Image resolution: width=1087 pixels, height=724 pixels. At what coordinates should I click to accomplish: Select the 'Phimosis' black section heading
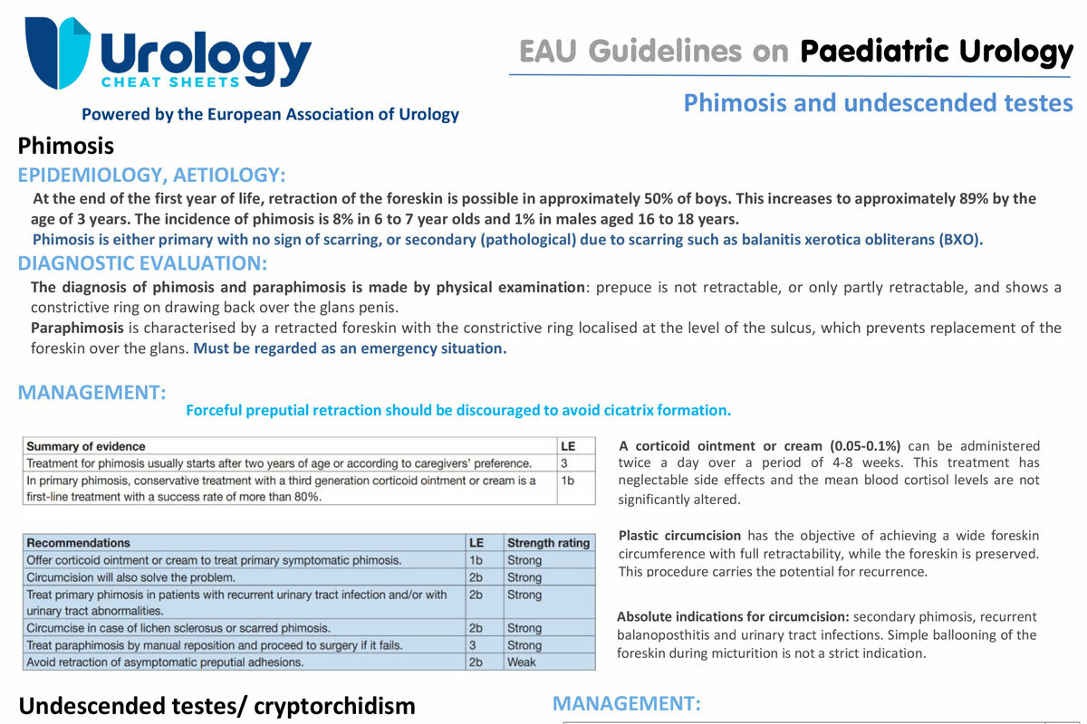point(66,146)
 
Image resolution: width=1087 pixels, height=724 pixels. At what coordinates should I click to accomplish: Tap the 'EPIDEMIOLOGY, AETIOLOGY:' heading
point(152,175)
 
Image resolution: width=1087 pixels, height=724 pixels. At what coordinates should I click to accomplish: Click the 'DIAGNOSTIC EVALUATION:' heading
point(143,264)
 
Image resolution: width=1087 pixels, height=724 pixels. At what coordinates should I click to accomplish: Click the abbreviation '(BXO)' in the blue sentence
point(959,240)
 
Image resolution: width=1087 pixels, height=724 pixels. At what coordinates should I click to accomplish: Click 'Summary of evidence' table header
point(85,446)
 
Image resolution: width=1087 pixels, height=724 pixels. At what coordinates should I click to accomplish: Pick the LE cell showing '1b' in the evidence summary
point(568,481)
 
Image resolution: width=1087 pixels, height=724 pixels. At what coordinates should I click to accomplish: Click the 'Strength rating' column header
point(548,543)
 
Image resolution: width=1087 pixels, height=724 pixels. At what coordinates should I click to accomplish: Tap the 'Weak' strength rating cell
point(522,662)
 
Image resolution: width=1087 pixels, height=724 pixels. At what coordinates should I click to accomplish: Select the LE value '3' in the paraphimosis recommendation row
point(473,645)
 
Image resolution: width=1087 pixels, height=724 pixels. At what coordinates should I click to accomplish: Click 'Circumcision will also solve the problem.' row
point(131,577)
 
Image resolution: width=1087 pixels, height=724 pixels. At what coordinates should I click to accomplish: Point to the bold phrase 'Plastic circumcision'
point(679,536)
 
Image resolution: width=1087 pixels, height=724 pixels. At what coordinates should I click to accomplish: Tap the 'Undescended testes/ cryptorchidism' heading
point(216,706)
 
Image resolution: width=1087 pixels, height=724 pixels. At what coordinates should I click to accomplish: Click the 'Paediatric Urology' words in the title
point(937,52)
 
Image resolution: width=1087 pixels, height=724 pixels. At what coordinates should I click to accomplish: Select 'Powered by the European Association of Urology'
point(270,115)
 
